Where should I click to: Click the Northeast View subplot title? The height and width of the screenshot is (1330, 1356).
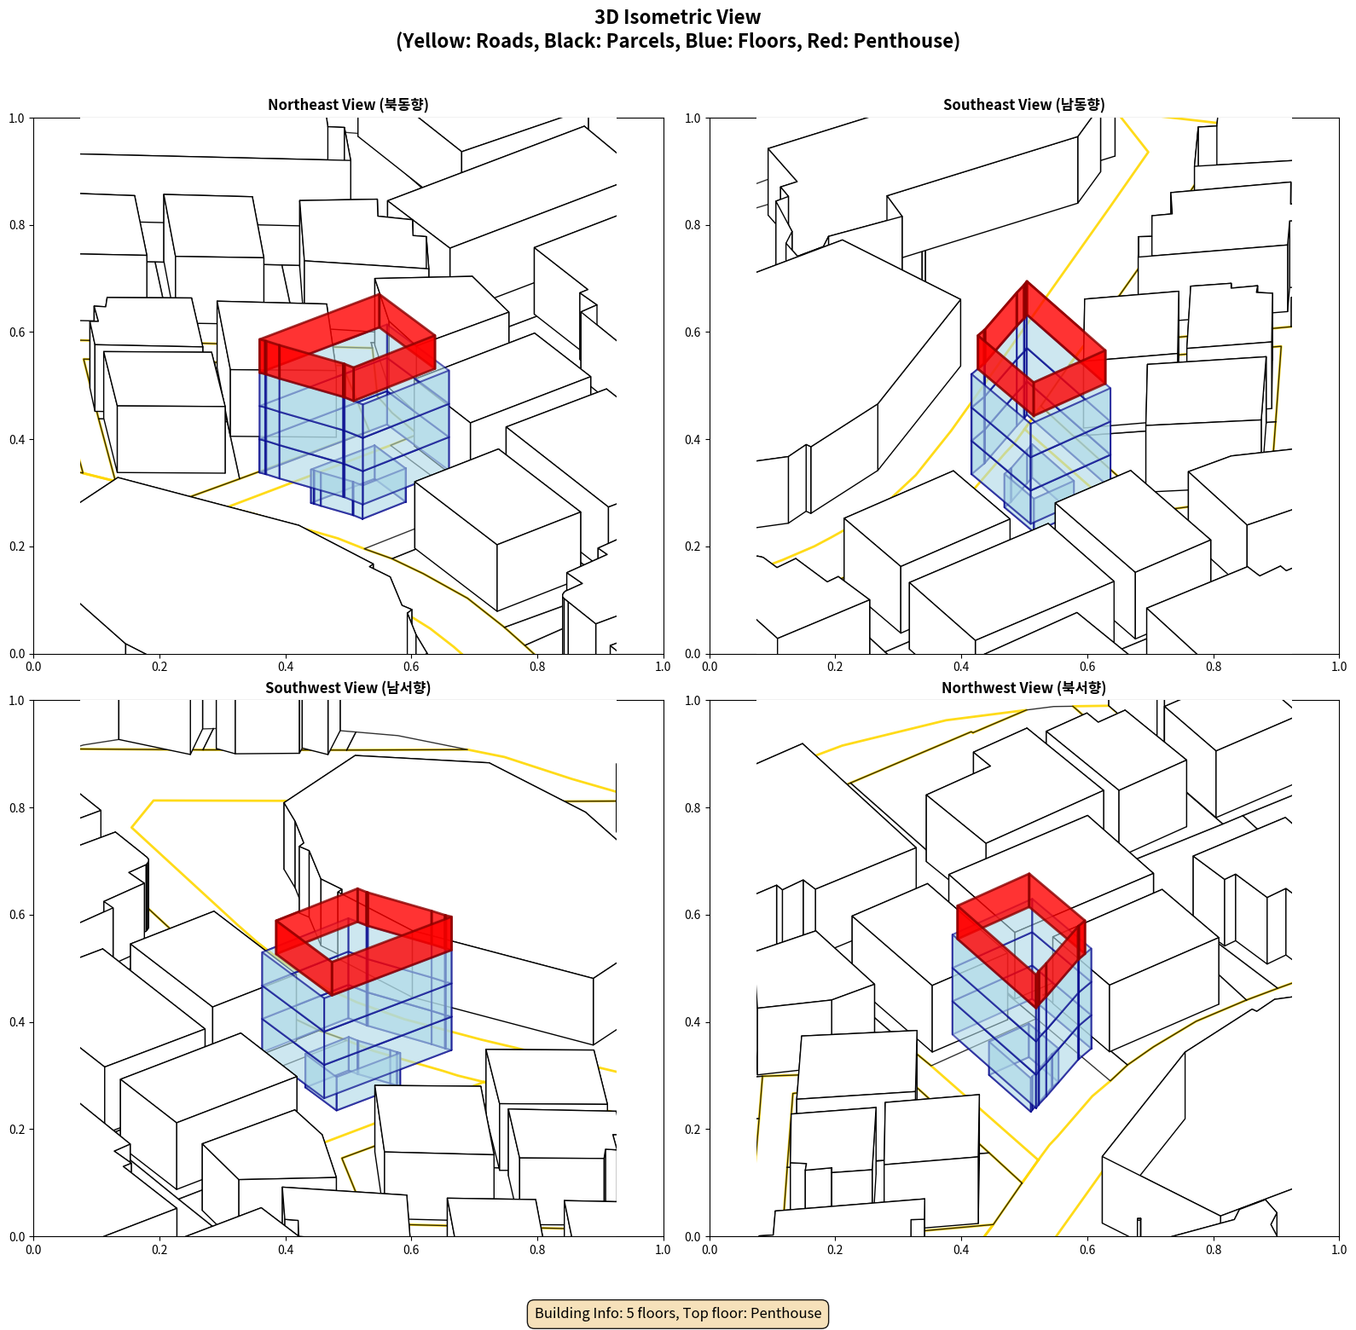[x=348, y=105]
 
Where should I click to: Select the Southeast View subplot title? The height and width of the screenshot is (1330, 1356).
[x=1023, y=105]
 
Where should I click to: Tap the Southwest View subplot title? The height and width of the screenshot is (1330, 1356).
[x=348, y=688]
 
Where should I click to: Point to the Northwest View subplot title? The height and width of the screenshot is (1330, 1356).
[x=1023, y=688]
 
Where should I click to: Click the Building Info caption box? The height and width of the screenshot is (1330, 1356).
[x=678, y=1313]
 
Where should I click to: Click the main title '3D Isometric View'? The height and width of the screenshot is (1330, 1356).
[x=678, y=17]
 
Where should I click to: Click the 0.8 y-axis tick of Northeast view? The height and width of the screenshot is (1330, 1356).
[x=17, y=225]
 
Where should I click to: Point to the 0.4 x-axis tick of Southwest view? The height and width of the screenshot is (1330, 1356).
[x=286, y=1250]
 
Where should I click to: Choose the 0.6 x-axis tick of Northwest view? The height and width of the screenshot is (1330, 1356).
[x=1087, y=1250]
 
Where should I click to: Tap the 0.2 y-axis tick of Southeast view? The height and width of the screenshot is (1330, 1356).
[x=692, y=546]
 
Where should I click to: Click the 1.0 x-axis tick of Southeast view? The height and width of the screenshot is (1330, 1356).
[x=1339, y=667]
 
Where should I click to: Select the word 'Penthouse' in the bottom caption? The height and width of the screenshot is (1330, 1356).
[x=786, y=1313]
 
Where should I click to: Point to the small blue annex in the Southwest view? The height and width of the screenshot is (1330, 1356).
[x=352, y=1073]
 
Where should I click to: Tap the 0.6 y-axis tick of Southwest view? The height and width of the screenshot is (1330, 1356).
[x=17, y=915]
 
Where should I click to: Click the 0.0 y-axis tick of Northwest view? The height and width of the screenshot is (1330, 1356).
[x=692, y=1236]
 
